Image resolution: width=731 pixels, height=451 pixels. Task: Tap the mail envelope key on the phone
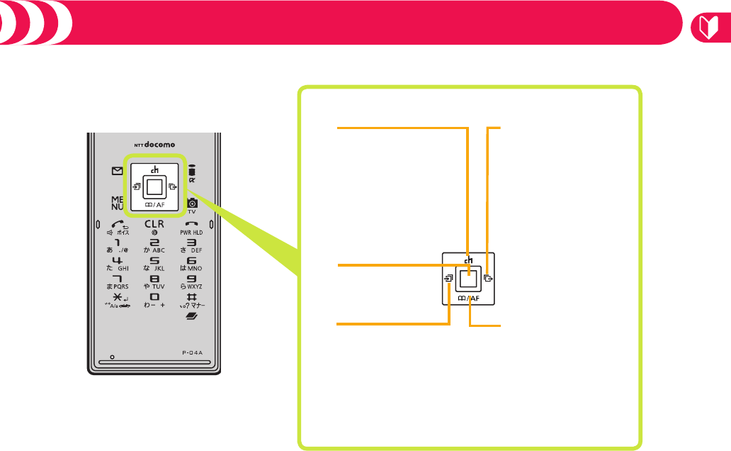click(118, 171)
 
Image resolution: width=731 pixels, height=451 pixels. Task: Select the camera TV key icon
click(191, 204)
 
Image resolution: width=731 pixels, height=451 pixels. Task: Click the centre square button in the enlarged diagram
click(466, 278)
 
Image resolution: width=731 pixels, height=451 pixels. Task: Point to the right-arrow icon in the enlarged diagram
click(487, 279)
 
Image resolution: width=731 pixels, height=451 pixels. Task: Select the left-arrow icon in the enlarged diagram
click(447, 279)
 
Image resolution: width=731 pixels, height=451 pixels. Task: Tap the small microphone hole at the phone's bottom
click(113, 357)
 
